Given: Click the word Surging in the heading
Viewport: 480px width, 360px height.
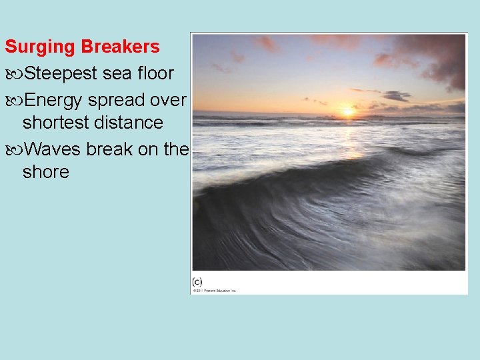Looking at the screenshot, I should [x=40, y=47].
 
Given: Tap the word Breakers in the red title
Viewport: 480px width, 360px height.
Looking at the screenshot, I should [x=120, y=47].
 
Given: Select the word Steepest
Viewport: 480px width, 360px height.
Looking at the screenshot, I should [x=61, y=73].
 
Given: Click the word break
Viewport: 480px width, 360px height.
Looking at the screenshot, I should [x=110, y=149].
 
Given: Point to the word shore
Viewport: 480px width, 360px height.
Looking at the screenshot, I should [x=45, y=172].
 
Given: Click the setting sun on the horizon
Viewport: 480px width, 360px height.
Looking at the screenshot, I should [x=347, y=112].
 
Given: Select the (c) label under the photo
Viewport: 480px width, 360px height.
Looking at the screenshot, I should [x=197, y=281].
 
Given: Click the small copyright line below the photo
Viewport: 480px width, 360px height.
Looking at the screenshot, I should [x=215, y=290].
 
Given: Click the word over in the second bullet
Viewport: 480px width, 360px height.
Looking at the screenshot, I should [x=169, y=99].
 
